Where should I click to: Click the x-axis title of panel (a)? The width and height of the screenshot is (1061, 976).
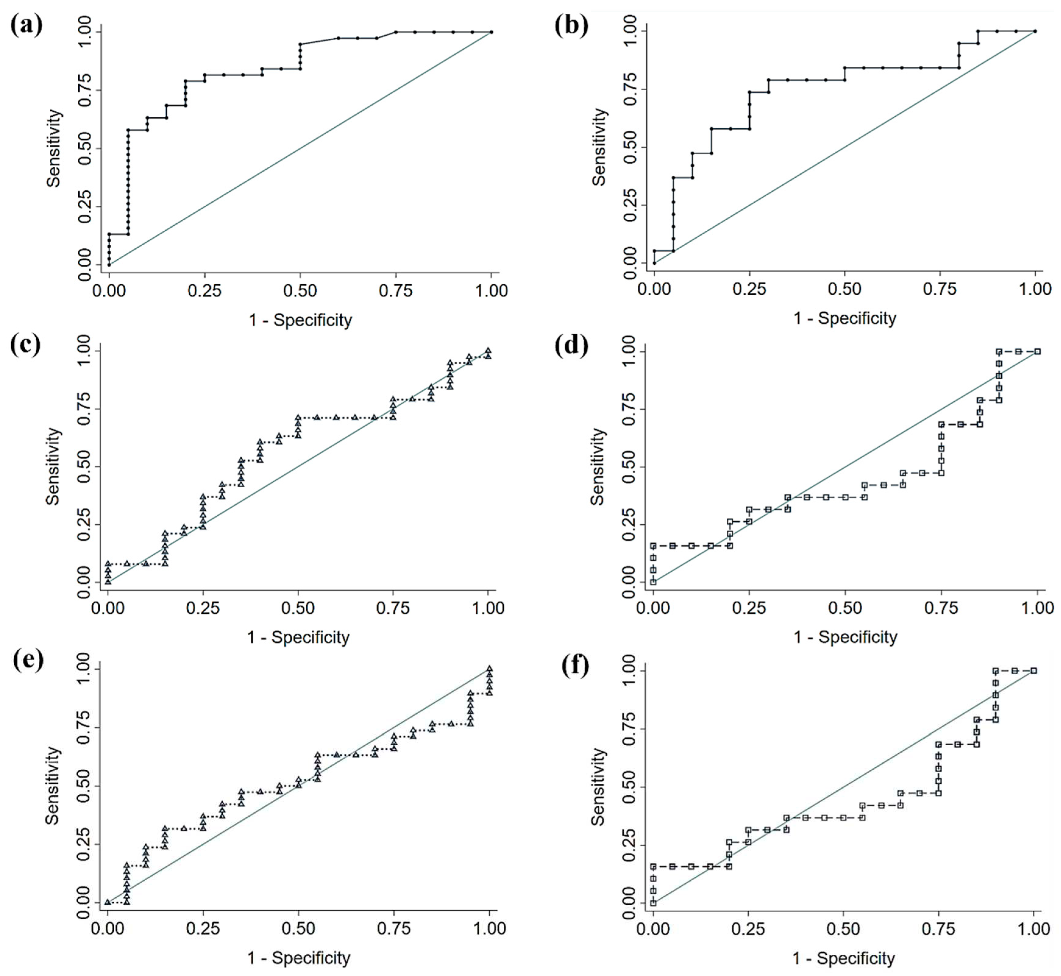coord(300,320)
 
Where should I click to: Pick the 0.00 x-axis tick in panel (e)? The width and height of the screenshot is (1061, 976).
coord(108,928)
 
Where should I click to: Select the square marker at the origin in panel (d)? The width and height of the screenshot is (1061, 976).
coord(653,582)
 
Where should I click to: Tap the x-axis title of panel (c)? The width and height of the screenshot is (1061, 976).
coord(298,637)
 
